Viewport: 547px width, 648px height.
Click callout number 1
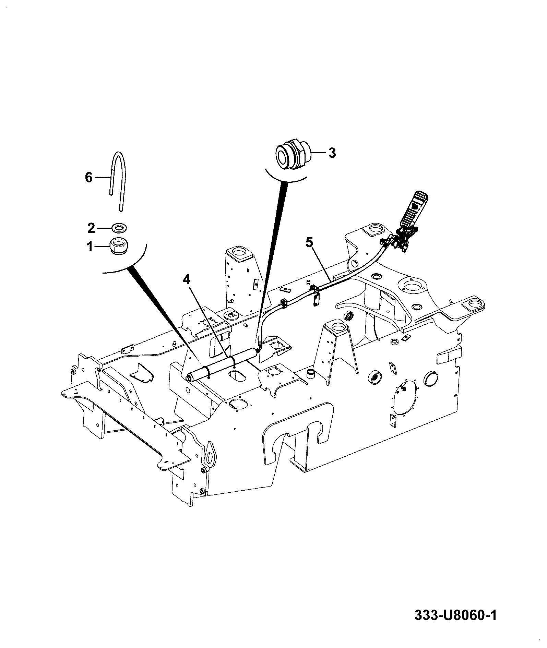point(90,246)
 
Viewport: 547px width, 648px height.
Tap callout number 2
point(91,228)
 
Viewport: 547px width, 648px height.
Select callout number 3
point(332,153)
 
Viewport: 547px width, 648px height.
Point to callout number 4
point(186,280)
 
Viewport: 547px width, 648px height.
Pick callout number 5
point(309,243)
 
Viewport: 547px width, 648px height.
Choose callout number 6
point(89,178)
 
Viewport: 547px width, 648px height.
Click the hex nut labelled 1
point(118,246)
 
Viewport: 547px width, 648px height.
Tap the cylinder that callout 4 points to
point(222,364)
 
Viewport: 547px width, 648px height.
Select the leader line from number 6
point(103,178)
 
